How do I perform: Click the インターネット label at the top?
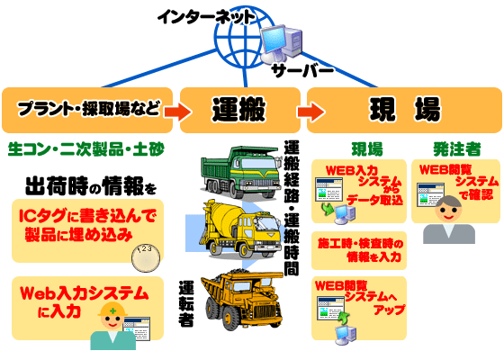(206, 17)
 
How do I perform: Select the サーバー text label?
(302, 70)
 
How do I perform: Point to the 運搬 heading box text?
(238, 110)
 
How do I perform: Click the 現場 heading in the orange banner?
(405, 109)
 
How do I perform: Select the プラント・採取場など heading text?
(89, 109)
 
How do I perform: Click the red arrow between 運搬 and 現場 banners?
(310, 112)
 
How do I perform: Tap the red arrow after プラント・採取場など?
(178, 112)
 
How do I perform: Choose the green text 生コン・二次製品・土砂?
(86, 149)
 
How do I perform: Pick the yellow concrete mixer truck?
(242, 229)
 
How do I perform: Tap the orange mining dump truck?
(242, 299)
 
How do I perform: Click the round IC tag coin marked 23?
(146, 258)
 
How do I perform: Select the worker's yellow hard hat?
(112, 309)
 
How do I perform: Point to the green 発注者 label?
(457, 148)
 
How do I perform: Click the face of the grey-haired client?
(449, 211)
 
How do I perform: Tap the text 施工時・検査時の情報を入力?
(360, 250)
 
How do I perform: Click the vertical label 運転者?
(186, 303)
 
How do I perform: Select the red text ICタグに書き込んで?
(87, 215)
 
